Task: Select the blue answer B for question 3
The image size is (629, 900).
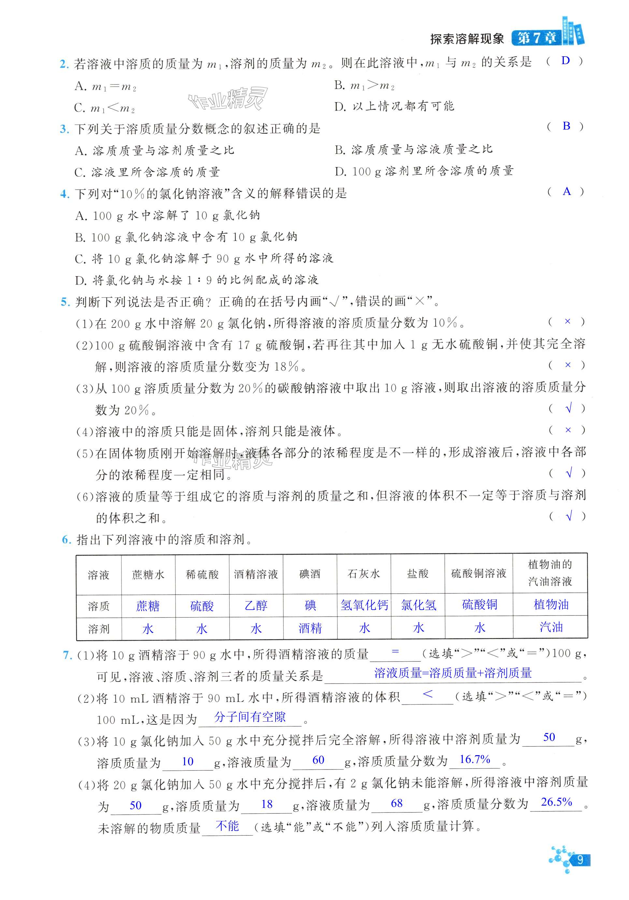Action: coord(566,126)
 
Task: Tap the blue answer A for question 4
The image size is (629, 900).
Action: coord(566,191)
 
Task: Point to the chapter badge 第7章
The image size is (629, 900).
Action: coord(537,38)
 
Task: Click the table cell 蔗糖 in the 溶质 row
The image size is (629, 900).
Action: coord(148,606)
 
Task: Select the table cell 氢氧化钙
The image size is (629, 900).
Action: coord(364,605)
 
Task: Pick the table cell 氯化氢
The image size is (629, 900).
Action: coord(418,605)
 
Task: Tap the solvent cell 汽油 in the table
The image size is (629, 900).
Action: coord(551,627)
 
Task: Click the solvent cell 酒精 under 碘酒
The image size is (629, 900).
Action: coord(310,628)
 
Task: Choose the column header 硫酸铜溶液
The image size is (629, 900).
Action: coord(479,574)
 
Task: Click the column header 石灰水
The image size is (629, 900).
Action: coord(364,574)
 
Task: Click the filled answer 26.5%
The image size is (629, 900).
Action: coord(556,802)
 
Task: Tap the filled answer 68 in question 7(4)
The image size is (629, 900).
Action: coord(397,803)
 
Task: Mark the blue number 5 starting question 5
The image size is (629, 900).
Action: coord(65,302)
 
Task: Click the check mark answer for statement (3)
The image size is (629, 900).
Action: coord(568,408)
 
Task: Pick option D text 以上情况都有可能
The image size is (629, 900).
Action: coord(403,106)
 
